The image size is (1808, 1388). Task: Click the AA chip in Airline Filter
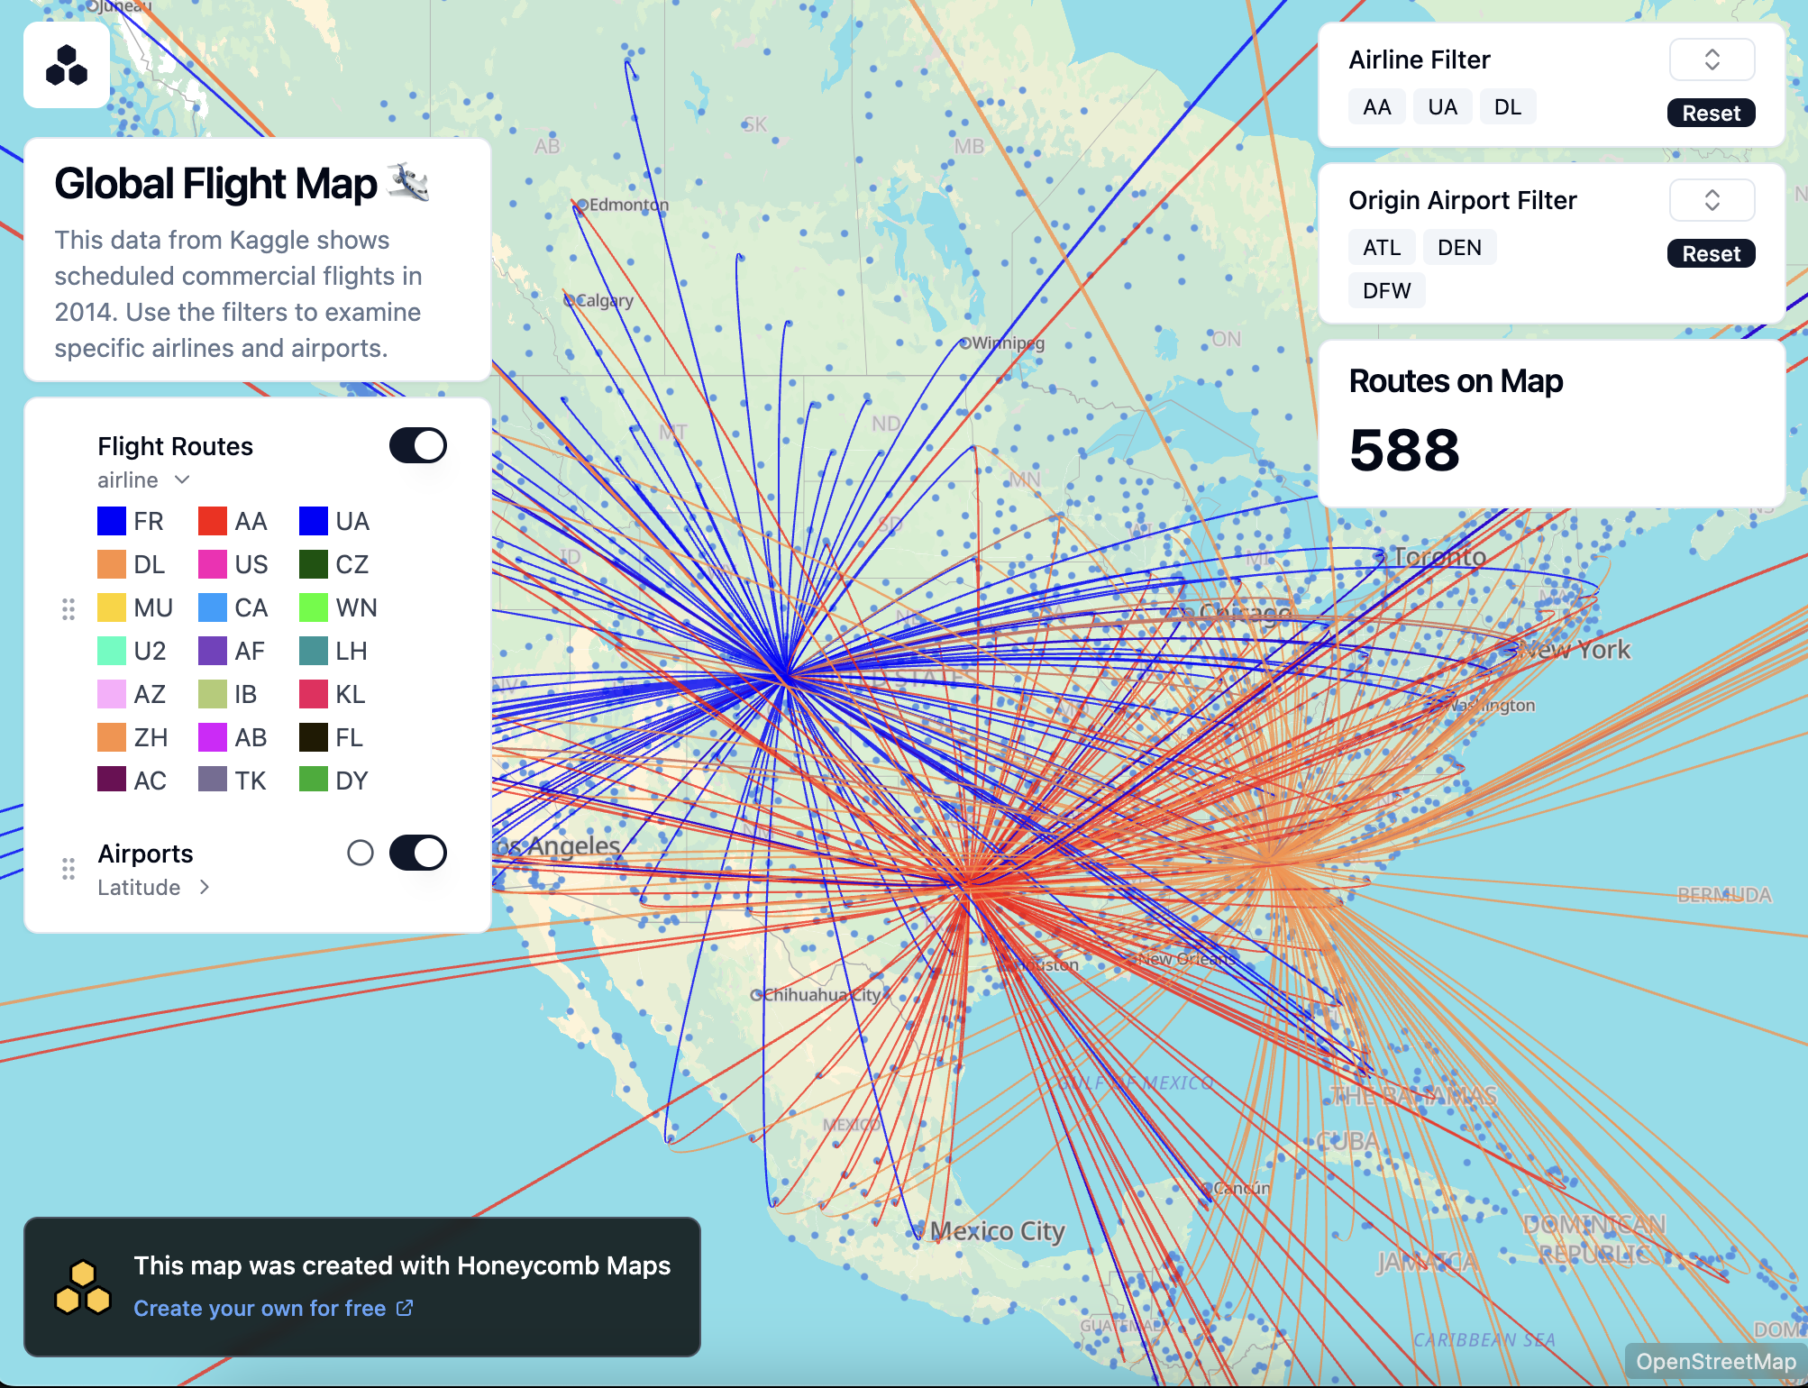coord(1376,107)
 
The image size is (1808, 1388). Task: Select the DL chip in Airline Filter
coord(1507,107)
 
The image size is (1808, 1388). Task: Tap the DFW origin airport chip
coord(1386,291)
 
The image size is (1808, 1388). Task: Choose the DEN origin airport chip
coord(1459,248)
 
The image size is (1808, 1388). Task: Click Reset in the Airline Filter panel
coord(1711,114)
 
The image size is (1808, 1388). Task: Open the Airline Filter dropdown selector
coord(1712,60)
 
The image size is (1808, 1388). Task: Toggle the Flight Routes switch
coord(418,445)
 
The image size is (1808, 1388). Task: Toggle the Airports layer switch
coord(418,853)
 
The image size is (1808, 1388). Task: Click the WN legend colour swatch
coord(314,607)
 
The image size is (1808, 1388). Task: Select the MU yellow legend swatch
coord(112,607)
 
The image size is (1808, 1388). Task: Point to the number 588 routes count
coord(1404,450)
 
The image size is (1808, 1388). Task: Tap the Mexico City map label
coord(997,1230)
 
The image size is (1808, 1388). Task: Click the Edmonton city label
coord(628,205)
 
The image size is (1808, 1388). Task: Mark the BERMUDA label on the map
coord(1724,895)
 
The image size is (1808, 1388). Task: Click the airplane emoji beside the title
coord(408,182)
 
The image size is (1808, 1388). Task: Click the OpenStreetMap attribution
coord(1715,1362)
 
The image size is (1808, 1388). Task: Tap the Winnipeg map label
coord(1008,343)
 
